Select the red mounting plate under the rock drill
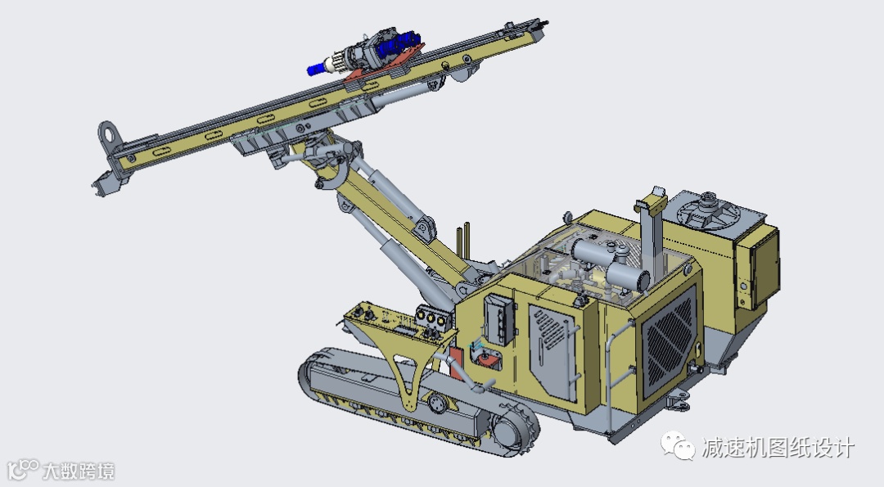click(x=383, y=66)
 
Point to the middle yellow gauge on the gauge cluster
click(x=431, y=318)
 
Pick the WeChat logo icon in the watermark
click(x=679, y=446)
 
